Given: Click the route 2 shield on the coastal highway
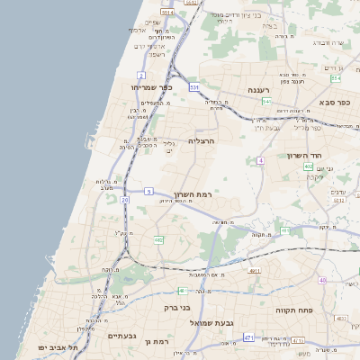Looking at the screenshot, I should coord(141,75).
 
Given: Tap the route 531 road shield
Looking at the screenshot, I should coord(194,87).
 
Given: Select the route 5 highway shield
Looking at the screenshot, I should coord(148,192).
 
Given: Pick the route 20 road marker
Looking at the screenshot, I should coord(125,200).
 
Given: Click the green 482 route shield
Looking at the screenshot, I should coord(158,239).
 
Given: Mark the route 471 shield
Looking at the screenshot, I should coord(247,337).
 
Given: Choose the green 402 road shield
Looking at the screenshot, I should coord(308,166).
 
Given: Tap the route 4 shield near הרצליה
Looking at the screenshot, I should coord(260,160).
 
